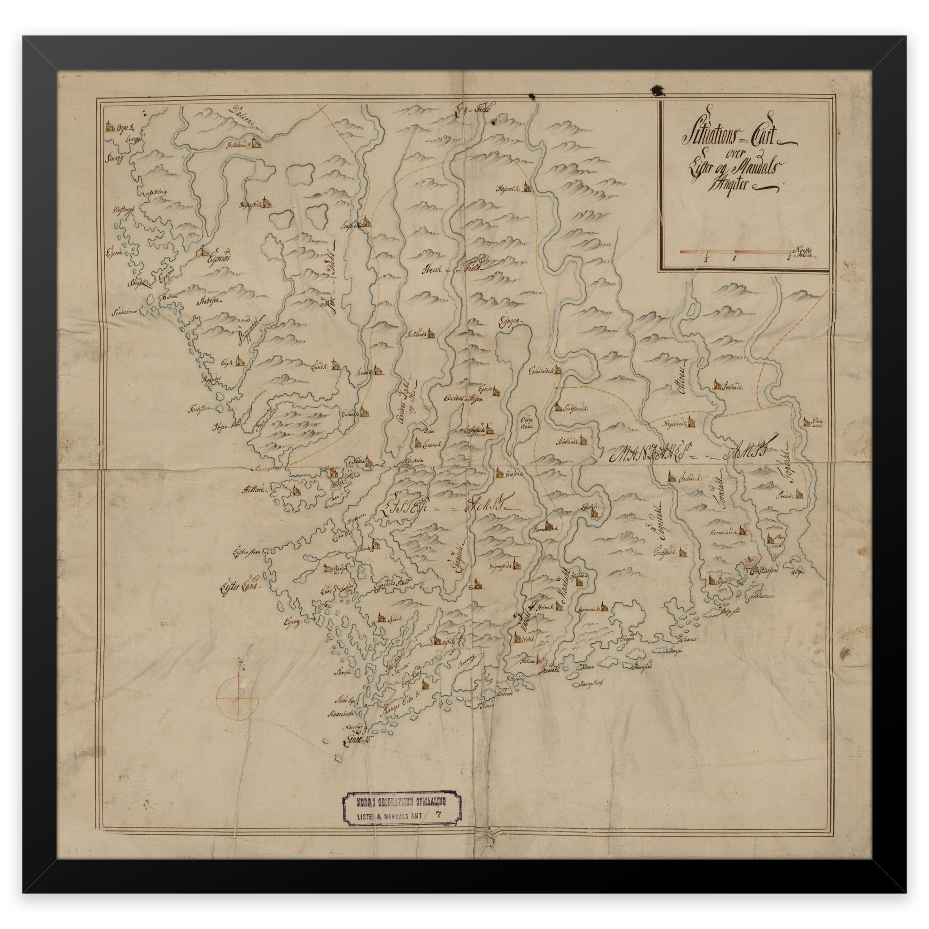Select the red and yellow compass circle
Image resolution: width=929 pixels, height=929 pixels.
pos(238,698)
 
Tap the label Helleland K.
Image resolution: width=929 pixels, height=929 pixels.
pos(239,144)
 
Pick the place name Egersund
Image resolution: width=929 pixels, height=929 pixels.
pos(219,258)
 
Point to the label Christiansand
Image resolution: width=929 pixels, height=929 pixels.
pos(764,572)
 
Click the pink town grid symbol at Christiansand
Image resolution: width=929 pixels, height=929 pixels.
pos(752,561)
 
